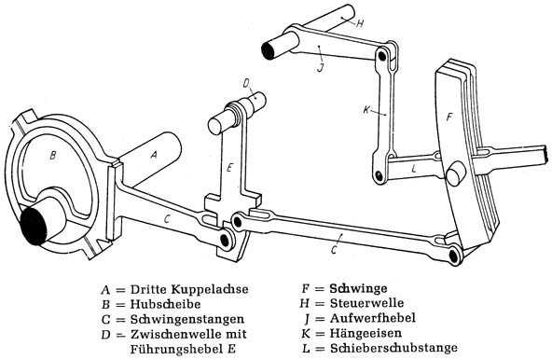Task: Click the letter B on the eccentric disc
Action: [53, 155]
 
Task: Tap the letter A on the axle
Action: [154, 155]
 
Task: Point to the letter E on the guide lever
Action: [229, 167]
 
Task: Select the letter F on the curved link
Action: [449, 117]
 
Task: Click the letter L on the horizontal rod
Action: [414, 169]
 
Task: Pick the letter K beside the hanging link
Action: [366, 110]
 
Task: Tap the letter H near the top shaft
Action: [359, 24]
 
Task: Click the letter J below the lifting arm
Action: [320, 67]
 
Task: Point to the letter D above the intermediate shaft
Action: [246, 84]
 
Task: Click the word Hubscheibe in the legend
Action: [165, 304]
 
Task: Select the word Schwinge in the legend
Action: [358, 288]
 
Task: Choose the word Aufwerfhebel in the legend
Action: [373, 318]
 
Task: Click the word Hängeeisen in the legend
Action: [366, 333]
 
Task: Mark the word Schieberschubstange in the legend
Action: [393, 348]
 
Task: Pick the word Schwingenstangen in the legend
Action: [187, 319]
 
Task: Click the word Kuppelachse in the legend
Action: [210, 289]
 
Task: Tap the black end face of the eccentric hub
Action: [34, 226]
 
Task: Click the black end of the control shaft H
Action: [269, 50]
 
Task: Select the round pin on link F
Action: [455, 173]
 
